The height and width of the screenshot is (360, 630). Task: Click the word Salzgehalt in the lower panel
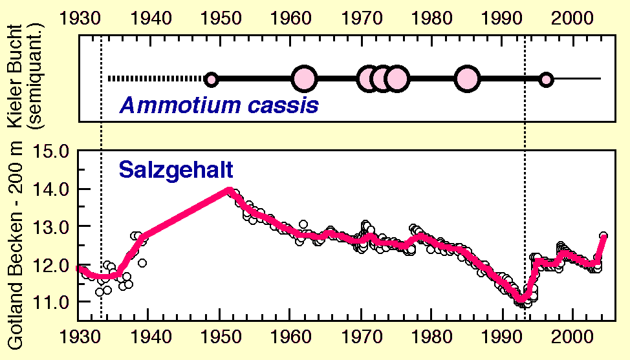tap(175, 169)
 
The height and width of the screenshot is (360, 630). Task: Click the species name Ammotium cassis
tap(219, 105)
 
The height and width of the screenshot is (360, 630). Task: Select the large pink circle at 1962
tap(304, 79)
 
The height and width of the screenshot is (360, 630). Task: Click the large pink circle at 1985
tap(466, 79)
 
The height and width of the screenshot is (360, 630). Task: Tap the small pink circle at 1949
tap(212, 79)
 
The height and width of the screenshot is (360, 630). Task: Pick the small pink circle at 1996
tap(546, 79)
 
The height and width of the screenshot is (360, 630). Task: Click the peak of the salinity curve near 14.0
tap(228, 190)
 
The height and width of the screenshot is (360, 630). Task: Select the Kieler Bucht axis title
tap(16, 75)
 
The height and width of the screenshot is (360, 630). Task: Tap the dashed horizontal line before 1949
tap(156, 79)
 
